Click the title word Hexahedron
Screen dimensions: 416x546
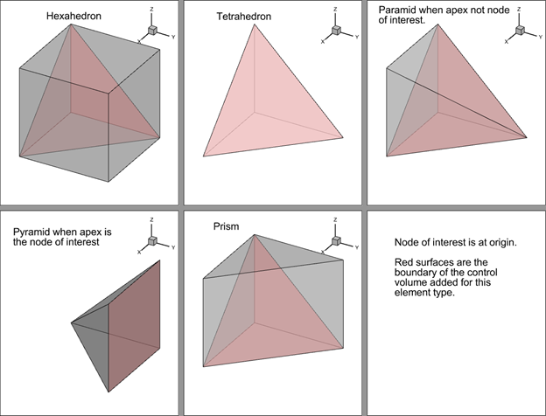click(x=73, y=16)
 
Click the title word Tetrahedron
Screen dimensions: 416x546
click(x=243, y=17)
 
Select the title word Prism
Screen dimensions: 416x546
click(x=226, y=226)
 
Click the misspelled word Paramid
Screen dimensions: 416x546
click(x=397, y=10)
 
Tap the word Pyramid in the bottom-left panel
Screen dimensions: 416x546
click(x=33, y=232)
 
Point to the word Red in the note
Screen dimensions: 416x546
click(x=405, y=261)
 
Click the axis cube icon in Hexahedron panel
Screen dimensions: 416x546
click(x=150, y=31)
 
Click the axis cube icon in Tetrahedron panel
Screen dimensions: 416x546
click(x=334, y=31)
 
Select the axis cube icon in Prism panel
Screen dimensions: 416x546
click(x=334, y=240)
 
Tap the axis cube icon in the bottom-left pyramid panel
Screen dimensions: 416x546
click(x=151, y=240)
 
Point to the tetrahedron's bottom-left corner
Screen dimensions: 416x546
click(x=203, y=156)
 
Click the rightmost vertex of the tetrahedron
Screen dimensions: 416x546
click(x=343, y=137)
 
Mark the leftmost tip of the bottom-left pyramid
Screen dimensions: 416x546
click(x=71, y=323)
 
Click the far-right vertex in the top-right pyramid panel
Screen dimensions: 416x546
click(x=527, y=137)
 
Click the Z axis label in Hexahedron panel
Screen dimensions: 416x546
click(x=151, y=11)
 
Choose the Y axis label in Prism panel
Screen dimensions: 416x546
click(x=357, y=247)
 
